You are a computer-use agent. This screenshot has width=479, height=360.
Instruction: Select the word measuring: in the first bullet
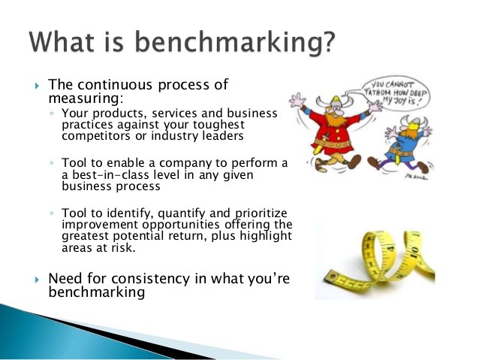click(x=86, y=98)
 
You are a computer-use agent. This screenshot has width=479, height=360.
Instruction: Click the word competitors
click(x=96, y=136)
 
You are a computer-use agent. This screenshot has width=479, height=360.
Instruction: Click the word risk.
click(x=125, y=247)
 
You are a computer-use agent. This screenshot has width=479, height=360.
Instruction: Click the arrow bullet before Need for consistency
click(x=38, y=280)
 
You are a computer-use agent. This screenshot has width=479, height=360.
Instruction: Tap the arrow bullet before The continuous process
click(x=38, y=86)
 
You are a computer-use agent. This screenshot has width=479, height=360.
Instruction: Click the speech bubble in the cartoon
click(x=396, y=92)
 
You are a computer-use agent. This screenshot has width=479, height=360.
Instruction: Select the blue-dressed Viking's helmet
click(x=414, y=123)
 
